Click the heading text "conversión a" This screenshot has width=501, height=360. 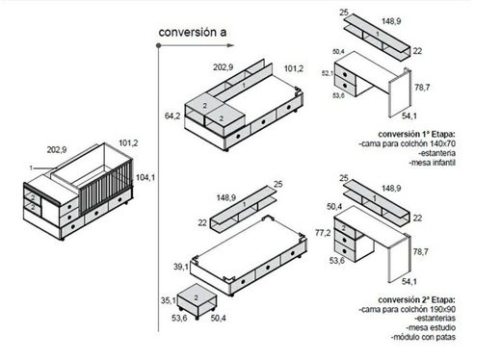(193, 33)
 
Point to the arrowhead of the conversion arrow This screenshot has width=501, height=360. (230, 45)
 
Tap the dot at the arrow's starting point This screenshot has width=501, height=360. (158, 45)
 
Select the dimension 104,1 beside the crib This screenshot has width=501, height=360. (145, 177)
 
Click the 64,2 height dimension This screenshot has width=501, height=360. (172, 116)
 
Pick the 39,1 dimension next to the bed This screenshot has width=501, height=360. (181, 267)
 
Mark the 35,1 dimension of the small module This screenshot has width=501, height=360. (169, 300)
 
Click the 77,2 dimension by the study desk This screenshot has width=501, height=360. (323, 233)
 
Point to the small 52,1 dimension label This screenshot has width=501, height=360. (328, 73)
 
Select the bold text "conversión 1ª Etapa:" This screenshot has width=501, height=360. (416, 134)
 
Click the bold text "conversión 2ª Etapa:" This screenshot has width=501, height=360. (416, 299)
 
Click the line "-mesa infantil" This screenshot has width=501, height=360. (432, 163)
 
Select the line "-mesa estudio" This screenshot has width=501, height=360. (431, 327)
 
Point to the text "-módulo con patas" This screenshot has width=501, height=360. (423, 337)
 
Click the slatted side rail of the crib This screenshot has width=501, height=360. (105, 189)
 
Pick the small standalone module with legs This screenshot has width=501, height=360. (197, 301)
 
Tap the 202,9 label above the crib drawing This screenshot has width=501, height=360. (57, 149)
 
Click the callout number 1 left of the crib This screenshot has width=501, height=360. (31, 167)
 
